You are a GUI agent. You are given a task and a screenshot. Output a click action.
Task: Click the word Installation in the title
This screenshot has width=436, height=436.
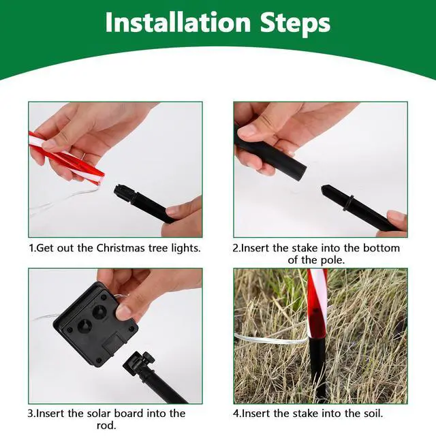(178, 22)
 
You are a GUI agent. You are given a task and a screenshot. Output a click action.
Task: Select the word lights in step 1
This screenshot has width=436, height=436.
(185, 248)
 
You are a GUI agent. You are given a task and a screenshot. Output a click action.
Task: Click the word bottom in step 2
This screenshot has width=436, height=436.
(381, 248)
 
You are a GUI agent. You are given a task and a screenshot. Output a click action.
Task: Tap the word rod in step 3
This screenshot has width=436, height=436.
(106, 425)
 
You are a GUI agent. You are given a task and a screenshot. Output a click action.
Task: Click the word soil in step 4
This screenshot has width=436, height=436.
(372, 414)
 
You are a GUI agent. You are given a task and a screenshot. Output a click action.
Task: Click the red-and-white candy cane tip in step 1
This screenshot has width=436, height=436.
(99, 178)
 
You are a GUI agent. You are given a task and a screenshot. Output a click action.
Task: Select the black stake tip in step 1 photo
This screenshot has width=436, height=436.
(120, 190)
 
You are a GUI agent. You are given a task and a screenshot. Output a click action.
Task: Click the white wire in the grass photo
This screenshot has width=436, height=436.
(271, 339)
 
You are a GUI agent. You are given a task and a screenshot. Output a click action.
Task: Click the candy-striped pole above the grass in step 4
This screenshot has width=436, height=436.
(317, 303)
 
